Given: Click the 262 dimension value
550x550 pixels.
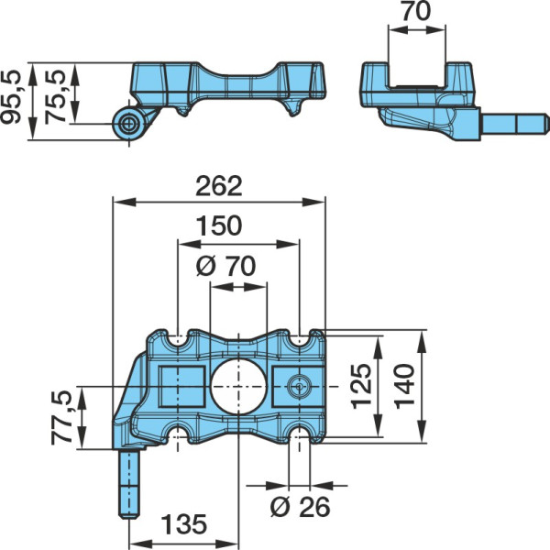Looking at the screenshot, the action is pos(219,186).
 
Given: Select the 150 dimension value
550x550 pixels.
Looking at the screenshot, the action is pos(219,225).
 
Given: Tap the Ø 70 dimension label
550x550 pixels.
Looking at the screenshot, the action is pos(225,266).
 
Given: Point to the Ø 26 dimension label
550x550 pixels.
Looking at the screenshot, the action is pos(301,507).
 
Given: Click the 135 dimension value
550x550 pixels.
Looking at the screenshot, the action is pos(184,524).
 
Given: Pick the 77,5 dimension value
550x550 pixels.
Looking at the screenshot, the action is pos(61,418).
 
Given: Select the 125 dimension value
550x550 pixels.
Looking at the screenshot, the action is pos(361,386).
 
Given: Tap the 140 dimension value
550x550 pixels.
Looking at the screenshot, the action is pos(404,386).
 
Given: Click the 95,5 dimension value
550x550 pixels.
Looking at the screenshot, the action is pos(10,97).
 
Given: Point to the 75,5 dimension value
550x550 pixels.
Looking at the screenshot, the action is pos(55,96).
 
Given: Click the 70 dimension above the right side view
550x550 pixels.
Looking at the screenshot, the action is pos(417,11).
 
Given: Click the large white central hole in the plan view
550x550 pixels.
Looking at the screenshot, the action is pos(238,386).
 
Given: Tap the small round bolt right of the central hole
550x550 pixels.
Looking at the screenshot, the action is pos(299,386).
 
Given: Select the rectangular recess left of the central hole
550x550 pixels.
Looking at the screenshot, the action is pos(182,386).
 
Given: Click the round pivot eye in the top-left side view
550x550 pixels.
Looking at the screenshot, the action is pos(128,124).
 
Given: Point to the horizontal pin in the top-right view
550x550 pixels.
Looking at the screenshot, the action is pos(515,124).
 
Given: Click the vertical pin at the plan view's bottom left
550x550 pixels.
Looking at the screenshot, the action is pos(129,484).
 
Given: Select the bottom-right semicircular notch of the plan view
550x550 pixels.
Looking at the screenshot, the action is pos(299,434).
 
